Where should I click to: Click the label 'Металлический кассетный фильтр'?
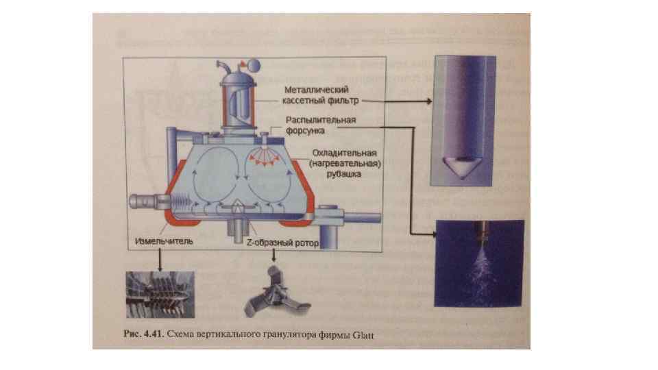pos(317,95)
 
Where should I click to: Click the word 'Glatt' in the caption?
pos(362,335)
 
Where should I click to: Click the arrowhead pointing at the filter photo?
pos(430,101)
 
